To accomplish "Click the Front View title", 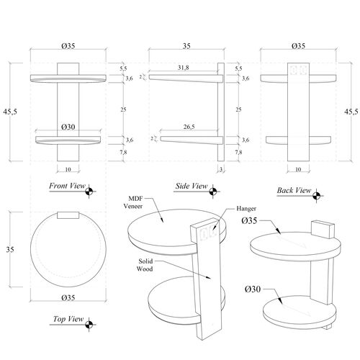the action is click(67, 186).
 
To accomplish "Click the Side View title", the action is click(192, 186).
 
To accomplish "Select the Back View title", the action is click(294, 190).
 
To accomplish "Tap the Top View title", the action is click(68, 319).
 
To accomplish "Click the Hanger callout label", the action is click(246, 209).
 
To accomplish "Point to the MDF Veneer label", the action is click(133, 202).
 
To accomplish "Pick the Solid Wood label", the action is click(145, 265).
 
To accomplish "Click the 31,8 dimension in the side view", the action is click(184, 68).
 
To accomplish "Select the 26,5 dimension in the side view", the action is click(189, 127).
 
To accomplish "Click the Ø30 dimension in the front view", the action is click(68, 127).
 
